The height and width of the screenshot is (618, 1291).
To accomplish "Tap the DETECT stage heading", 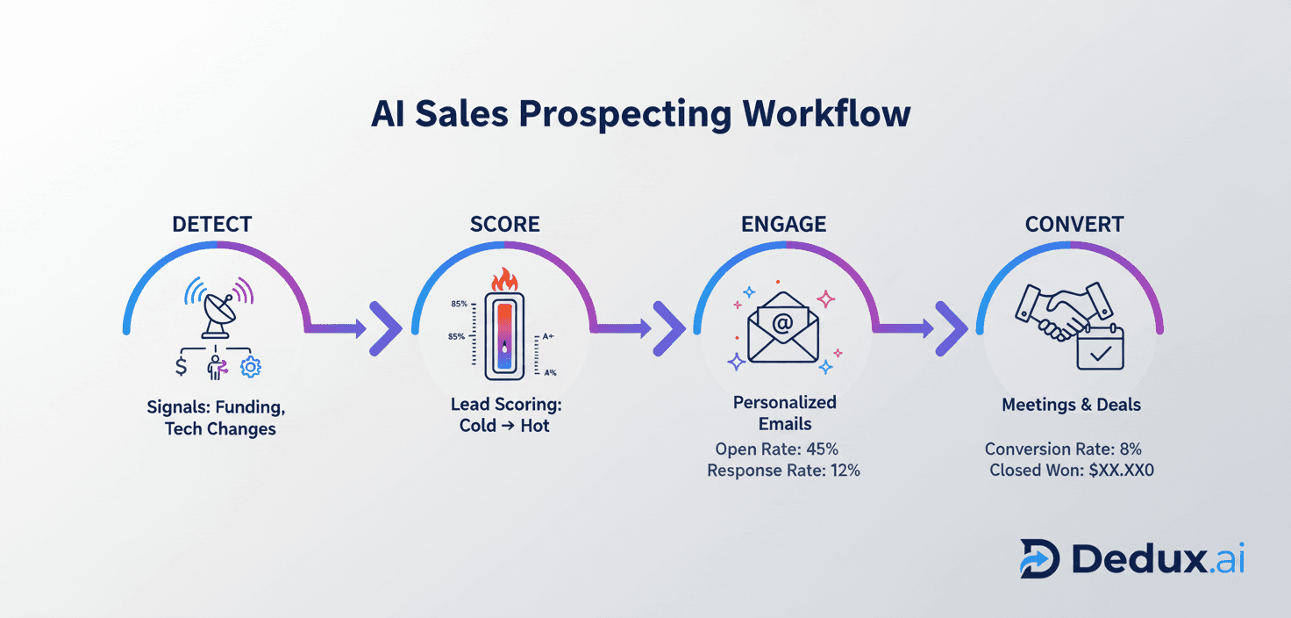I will tap(211, 225).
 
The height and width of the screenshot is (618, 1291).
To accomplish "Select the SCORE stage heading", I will tap(504, 225).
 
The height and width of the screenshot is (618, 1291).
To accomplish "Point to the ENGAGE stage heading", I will tap(783, 225).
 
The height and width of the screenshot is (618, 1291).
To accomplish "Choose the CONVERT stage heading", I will tap(1074, 225).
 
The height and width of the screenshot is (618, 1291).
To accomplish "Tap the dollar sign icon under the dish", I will tap(182, 366).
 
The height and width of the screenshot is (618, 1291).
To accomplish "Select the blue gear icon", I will tap(251, 367).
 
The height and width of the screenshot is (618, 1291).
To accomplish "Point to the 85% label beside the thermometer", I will tap(459, 304).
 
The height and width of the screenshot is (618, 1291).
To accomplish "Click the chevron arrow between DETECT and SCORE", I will tap(383, 329).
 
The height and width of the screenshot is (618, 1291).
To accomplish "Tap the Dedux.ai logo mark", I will tap(1040, 558).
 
